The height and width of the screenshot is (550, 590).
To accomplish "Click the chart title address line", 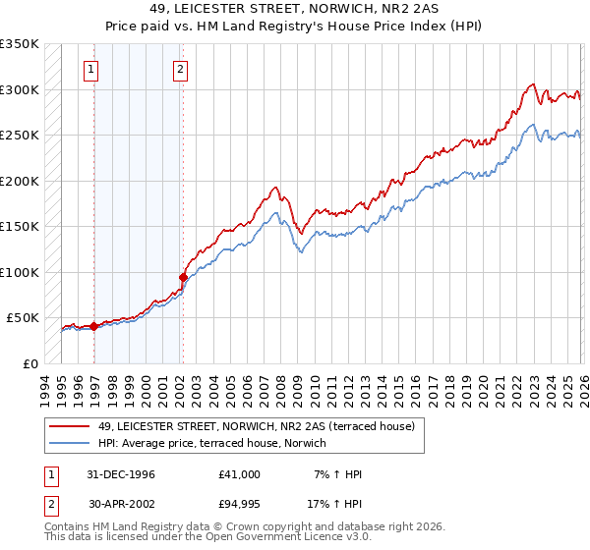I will point(294,8).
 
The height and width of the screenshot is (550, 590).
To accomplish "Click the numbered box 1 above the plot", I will point(90,69).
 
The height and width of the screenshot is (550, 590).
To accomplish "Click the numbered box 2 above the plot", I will point(181,69).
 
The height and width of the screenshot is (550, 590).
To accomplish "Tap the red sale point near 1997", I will point(93,326).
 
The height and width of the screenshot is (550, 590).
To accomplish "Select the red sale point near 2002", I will point(183,277).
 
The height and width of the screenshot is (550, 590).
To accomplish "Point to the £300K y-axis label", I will point(20,89).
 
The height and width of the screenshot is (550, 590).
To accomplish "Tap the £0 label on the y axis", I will point(29,363).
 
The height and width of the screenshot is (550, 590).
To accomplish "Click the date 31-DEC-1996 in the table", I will point(121,474).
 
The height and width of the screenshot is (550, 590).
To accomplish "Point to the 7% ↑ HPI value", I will point(337,474).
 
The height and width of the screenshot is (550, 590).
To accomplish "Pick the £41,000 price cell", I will point(240,474).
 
